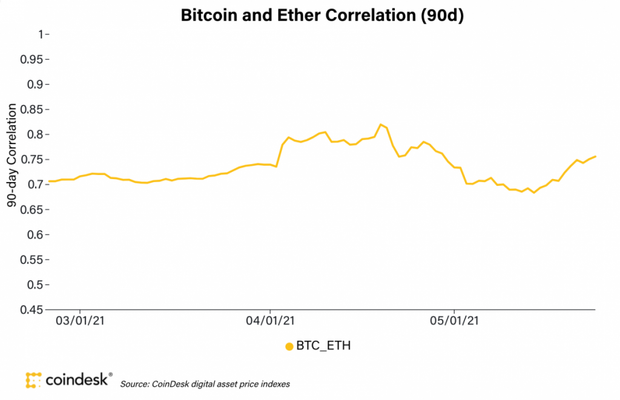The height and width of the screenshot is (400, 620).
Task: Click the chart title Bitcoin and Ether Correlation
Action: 322,16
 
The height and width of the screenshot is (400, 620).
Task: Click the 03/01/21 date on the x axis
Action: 81,321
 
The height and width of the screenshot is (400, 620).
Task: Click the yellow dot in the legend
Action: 289,347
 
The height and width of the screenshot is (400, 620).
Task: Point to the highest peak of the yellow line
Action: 380,124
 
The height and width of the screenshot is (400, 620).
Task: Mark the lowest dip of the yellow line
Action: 533,192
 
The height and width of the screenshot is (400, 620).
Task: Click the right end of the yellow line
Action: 596,157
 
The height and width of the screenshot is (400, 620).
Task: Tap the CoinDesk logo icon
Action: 34,379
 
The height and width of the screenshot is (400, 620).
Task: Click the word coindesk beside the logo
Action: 78,379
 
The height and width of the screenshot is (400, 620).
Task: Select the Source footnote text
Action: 205,384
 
